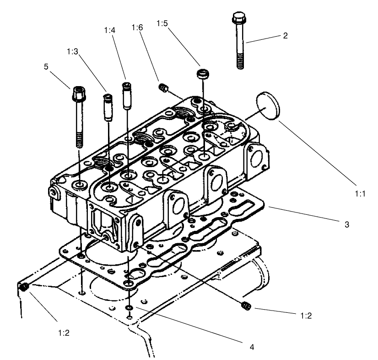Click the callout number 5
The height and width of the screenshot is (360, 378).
[x=46, y=67]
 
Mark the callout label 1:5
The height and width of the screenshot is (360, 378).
[x=162, y=22]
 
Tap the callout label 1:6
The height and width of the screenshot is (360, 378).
[x=137, y=27]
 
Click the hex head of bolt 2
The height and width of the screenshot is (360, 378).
[x=238, y=20]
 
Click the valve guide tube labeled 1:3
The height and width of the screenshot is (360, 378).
[x=108, y=107]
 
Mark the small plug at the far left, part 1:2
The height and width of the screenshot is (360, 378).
[x=25, y=287]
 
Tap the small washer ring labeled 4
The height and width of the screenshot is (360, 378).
[x=130, y=307]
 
